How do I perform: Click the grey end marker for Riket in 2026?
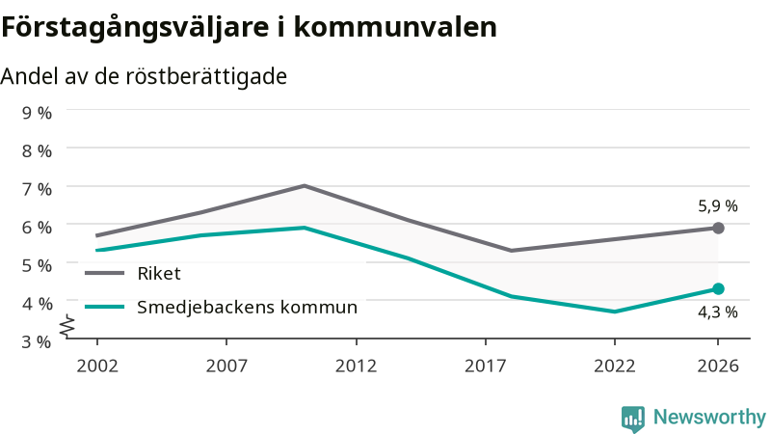pyautogui.click(x=718, y=228)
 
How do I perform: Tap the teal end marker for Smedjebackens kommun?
pyautogui.click(x=718, y=288)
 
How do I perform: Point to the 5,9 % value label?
pyautogui.click(x=718, y=205)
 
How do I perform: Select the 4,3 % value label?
pyautogui.click(x=718, y=312)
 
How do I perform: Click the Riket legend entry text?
pyautogui.click(x=159, y=273)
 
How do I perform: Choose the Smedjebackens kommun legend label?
pyautogui.click(x=247, y=307)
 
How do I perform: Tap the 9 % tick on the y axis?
pyautogui.click(x=37, y=113)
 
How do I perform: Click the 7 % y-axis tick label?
pyautogui.click(x=37, y=189)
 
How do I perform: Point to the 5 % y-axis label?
pyautogui.click(x=37, y=265)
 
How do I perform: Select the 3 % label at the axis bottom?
pyautogui.click(x=37, y=341)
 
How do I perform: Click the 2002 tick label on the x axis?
pyautogui.click(x=97, y=366)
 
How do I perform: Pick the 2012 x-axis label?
pyautogui.click(x=356, y=366)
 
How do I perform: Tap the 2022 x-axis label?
pyautogui.click(x=615, y=366)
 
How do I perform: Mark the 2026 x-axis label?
pyautogui.click(x=718, y=366)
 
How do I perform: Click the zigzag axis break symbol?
pyautogui.click(x=67, y=326)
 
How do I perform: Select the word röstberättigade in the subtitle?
pyautogui.click(x=206, y=76)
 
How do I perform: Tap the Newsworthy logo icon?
pyautogui.click(x=633, y=419)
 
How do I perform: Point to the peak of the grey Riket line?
pyautogui.click(x=305, y=185)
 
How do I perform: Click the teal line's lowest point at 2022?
pyautogui.click(x=615, y=312)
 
